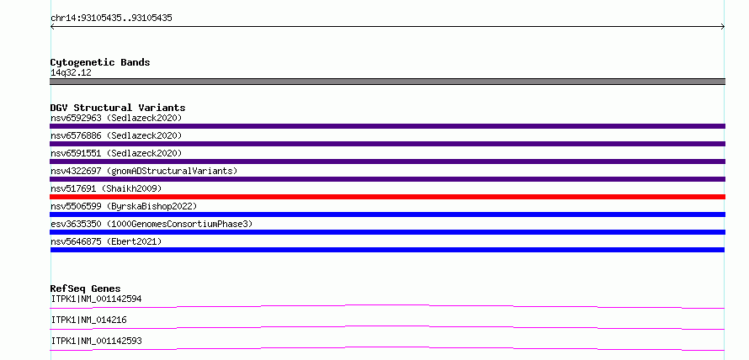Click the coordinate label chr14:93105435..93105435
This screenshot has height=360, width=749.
click(111, 19)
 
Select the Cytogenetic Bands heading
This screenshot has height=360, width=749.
click(100, 62)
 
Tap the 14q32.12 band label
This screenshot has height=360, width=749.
click(71, 73)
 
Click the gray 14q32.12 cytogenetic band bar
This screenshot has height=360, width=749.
click(387, 82)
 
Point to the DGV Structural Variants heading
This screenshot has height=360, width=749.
click(118, 108)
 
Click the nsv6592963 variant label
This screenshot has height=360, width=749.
click(116, 118)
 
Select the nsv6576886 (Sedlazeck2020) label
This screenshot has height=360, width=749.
click(116, 135)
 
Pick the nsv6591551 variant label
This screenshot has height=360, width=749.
click(116, 153)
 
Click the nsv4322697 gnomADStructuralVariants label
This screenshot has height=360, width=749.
click(144, 171)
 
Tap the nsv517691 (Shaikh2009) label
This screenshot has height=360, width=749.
click(106, 188)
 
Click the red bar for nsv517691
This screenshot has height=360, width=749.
click(387, 197)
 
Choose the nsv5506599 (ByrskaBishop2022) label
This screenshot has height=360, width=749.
click(124, 206)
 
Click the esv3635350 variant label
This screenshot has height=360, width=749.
click(151, 224)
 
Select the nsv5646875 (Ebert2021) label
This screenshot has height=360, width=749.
click(106, 241)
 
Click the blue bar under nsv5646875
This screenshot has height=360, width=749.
click(387, 250)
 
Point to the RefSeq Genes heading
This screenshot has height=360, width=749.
click(86, 289)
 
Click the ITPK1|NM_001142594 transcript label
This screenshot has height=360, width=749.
click(96, 299)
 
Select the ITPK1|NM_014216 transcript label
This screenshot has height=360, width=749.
click(89, 320)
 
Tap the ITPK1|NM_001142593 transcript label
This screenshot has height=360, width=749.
click(96, 341)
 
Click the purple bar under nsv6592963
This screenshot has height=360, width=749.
click(387, 126)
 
